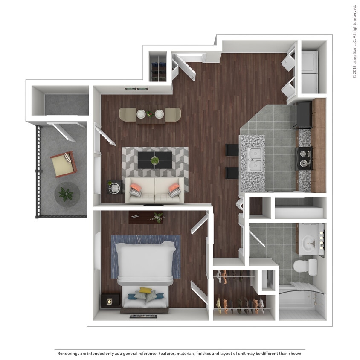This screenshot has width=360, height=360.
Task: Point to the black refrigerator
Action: pos(303,115)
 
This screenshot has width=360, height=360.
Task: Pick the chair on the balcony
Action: pos(64,164)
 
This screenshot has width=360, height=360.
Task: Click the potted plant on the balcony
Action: pos(67,194)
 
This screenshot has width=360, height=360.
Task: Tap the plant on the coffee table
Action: pos(155,160)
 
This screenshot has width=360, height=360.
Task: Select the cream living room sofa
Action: pos(154,190)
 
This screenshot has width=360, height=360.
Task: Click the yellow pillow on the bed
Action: pos(145,290)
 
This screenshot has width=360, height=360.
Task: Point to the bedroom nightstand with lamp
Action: pos(110,301)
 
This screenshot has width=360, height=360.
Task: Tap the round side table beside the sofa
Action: pos(114,187)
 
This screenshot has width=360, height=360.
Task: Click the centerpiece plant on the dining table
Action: pos(150,114)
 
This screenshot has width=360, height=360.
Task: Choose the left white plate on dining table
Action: pos(141,114)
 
